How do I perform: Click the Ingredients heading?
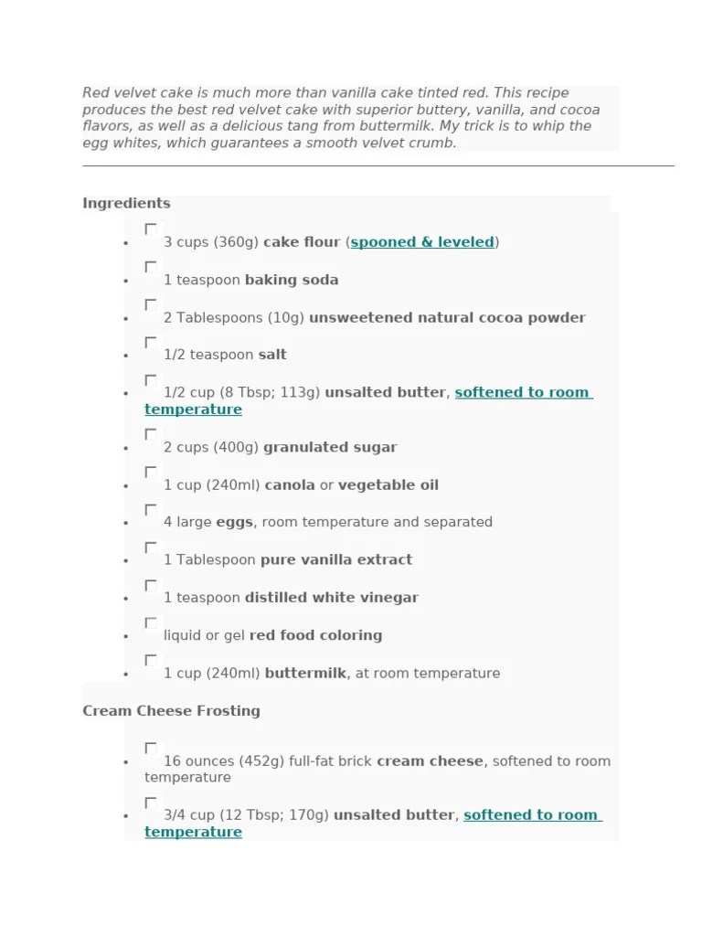(x=126, y=203)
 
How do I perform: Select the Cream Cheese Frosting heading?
(x=171, y=710)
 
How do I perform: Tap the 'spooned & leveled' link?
(x=422, y=242)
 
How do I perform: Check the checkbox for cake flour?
(x=151, y=229)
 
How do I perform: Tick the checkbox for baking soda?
(x=151, y=267)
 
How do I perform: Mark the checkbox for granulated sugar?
(x=151, y=434)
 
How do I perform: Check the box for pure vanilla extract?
(x=151, y=547)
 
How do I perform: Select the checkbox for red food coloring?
(x=151, y=622)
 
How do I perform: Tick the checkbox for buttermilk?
(x=151, y=660)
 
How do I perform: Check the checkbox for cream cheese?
(x=151, y=748)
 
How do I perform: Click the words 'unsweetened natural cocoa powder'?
(x=447, y=317)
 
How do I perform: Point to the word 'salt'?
(x=272, y=355)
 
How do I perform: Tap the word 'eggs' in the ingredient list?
(x=234, y=522)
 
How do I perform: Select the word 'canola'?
(x=289, y=484)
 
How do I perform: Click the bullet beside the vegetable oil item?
(x=125, y=486)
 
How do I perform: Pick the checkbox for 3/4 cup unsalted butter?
(x=151, y=803)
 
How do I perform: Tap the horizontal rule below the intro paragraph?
(x=378, y=165)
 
